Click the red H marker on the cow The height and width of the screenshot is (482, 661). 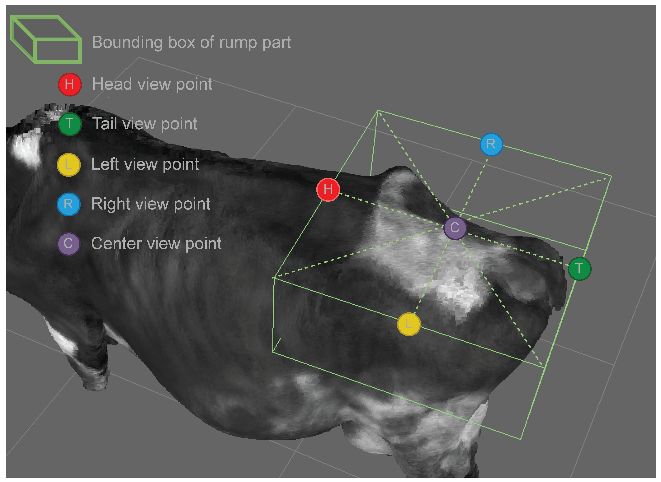[328, 190]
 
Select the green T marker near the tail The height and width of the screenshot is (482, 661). [579, 268]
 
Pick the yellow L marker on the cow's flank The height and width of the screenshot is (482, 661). [408, 324]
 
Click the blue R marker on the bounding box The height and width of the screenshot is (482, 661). [491, 144]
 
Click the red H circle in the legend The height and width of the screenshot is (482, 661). [69, 84]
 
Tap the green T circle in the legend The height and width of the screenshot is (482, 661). [69, 124]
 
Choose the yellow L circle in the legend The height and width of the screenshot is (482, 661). [68, 165]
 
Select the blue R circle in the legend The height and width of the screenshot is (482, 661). [68, 204]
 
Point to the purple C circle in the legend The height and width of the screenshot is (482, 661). [68, 244]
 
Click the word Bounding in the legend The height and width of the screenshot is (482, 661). [127, 43]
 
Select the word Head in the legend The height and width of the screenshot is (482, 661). [112, 84]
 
